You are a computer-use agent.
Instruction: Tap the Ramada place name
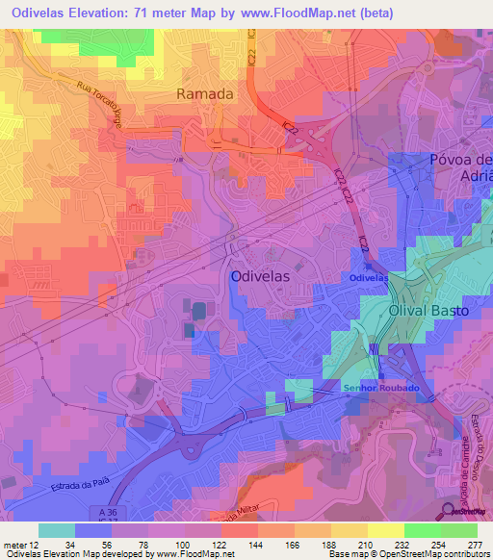coord(204,93)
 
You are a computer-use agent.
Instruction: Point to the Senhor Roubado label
coord(380,387)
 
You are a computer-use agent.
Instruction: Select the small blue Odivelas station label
coord(368,278)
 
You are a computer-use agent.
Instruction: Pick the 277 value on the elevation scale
coord(475,544)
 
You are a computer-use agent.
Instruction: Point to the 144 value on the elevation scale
coord(255,544)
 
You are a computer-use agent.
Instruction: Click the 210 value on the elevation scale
coord(365,544)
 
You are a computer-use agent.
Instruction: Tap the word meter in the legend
coord(14,544)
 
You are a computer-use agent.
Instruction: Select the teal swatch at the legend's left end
coord(56,530)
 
